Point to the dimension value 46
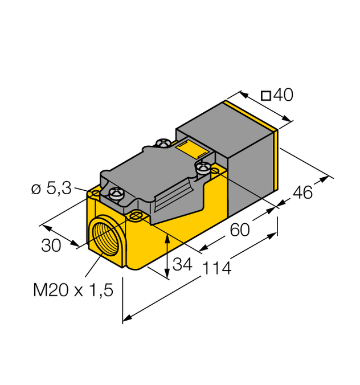pyautogui.click(x=302, y=193)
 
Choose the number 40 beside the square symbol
pyautogui.click(x=283, y=96)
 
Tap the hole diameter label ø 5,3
pyautogui.click(x=51, y=189)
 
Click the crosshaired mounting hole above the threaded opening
pyautogui.click(x=136, y=215)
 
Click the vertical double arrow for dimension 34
pyautogui.click(x=167, y=256)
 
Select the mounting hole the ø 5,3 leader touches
pyautogui.click(x=95, y=194)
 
